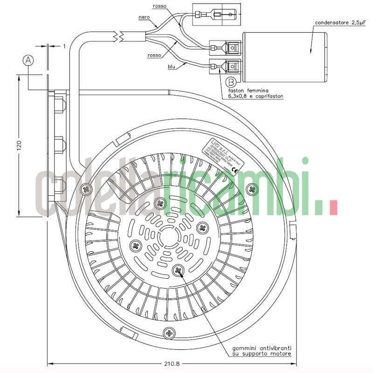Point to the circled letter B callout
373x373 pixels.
tap(230, 82)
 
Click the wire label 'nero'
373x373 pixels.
tap(144, 18)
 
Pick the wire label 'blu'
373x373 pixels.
tap(172, 67)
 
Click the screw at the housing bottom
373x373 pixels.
tap(168, 332)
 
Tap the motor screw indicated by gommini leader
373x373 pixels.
tap(179, 270)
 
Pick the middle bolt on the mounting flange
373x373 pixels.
tap(59, 143)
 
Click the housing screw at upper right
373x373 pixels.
tap(253, 189)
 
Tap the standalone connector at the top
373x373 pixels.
tap(216, 15)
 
